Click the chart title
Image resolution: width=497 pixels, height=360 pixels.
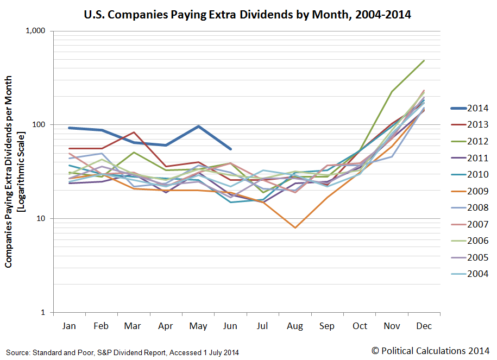point(248,15)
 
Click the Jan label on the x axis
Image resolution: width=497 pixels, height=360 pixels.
point(70,325)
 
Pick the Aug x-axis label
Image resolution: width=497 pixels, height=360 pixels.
point(295,325)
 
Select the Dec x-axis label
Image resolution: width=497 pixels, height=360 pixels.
point(424,325)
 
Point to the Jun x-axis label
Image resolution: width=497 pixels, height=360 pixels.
point(230,325)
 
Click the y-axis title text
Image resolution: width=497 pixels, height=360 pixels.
point(15,172)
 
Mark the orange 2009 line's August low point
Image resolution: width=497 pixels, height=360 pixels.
point(295,228)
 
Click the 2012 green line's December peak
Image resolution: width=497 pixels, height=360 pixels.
point(424,61)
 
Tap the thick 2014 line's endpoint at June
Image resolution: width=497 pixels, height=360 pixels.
point(230,149)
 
